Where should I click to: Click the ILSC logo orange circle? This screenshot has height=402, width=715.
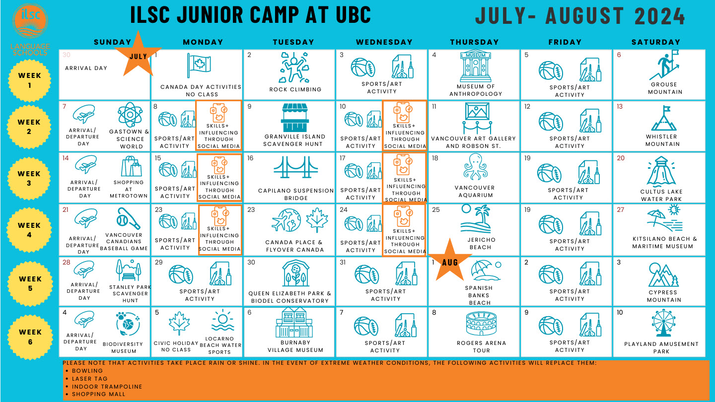tap(30, 21)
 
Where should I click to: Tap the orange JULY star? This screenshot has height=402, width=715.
tap(138, 55)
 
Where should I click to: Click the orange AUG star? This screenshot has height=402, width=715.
tap(450, 260)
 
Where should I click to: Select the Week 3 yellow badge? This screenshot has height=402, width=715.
tap(29, 179)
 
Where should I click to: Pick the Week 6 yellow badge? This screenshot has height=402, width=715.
tap(30, 337)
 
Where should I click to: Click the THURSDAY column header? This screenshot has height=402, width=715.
tap(474, 42)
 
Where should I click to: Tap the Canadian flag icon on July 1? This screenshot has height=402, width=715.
tap(199, 65)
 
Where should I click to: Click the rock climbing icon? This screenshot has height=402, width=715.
tap(294, 67)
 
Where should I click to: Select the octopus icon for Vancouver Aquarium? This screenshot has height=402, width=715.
tap(475, 168)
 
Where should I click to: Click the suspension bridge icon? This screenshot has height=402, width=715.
tap(296, 167)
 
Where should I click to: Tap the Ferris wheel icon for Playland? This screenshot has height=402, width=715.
tap(663, 323)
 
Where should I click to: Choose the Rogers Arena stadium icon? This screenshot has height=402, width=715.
tap(481, 324)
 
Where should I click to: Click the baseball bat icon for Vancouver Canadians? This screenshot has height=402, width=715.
tap(128, 219)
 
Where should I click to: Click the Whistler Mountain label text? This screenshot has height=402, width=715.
tap(662, 140)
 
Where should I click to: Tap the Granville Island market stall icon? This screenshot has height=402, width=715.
tap(295, 118)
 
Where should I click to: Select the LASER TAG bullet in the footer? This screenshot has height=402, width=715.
tap(89, 379)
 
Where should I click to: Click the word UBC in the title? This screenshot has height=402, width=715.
tap(353, 15)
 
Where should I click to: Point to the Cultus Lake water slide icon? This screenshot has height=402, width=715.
tap(661, 171)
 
